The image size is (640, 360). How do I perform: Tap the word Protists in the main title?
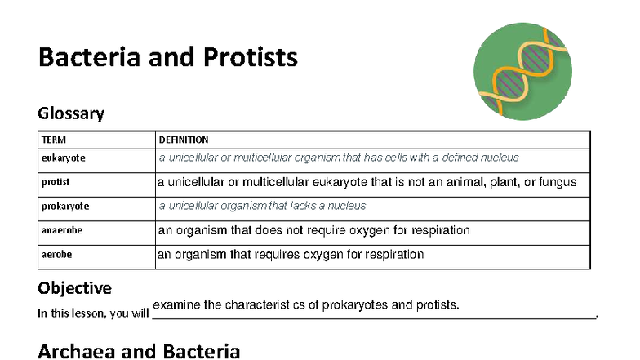coord(250,58)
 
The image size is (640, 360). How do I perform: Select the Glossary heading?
coord(71,113)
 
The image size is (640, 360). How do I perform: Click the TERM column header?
coord(54,140)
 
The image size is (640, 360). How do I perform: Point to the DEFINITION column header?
coord(184,140)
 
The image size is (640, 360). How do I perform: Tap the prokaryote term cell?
coord(65,207)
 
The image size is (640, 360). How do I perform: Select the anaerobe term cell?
coord(62,230)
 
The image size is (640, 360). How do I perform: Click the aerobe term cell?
coord(56,255)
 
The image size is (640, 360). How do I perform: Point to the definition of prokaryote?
coord(262,207)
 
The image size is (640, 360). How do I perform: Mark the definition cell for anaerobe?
coord(313,230)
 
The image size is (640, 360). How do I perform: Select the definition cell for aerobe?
coord(291,255)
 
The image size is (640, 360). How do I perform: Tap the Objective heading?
coord(75,288)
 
